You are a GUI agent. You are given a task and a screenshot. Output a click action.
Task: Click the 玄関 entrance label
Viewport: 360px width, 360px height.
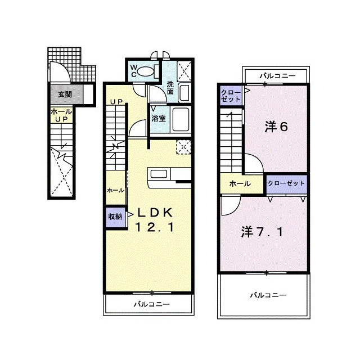pos(65,94)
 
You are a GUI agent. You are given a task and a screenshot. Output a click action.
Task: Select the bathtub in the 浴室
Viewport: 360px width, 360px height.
pos(181,119)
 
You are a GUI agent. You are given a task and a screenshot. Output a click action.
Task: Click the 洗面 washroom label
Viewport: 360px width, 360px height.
pos(170,88)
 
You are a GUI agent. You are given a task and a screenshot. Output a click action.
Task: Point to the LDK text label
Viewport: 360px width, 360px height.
pos(155,213)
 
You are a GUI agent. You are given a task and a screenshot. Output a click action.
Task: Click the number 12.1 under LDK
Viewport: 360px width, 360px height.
pos(155,227)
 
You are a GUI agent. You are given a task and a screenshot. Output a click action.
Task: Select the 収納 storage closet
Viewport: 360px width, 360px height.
pos(115,217)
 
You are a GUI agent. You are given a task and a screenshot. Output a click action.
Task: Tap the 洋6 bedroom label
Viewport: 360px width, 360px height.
pos(276,127)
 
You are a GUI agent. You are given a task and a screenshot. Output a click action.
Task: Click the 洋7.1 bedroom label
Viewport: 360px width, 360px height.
pos(262,232)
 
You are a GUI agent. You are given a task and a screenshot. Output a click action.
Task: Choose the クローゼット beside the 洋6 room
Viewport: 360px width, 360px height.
pos(231,96)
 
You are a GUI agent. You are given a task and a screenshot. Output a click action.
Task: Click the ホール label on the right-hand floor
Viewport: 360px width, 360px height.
pos(240,184)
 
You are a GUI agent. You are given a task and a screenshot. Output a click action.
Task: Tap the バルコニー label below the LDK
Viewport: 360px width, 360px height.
pos(152,304)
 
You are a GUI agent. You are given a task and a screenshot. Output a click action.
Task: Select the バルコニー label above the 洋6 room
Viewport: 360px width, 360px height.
pos(277,75)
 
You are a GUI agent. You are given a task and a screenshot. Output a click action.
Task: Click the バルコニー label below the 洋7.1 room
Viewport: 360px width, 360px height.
pos(268,295)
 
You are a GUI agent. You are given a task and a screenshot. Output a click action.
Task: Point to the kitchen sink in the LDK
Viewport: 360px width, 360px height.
pos(159,174)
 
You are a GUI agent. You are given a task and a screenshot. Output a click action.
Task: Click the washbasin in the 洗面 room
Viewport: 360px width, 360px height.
pos(184,93)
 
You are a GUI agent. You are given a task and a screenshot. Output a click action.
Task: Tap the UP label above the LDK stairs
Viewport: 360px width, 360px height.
pos(116,102)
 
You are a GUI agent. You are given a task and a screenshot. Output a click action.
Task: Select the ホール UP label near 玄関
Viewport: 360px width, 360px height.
pos(61,115)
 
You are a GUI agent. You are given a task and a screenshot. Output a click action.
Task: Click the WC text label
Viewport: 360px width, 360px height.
pos(134,71)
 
